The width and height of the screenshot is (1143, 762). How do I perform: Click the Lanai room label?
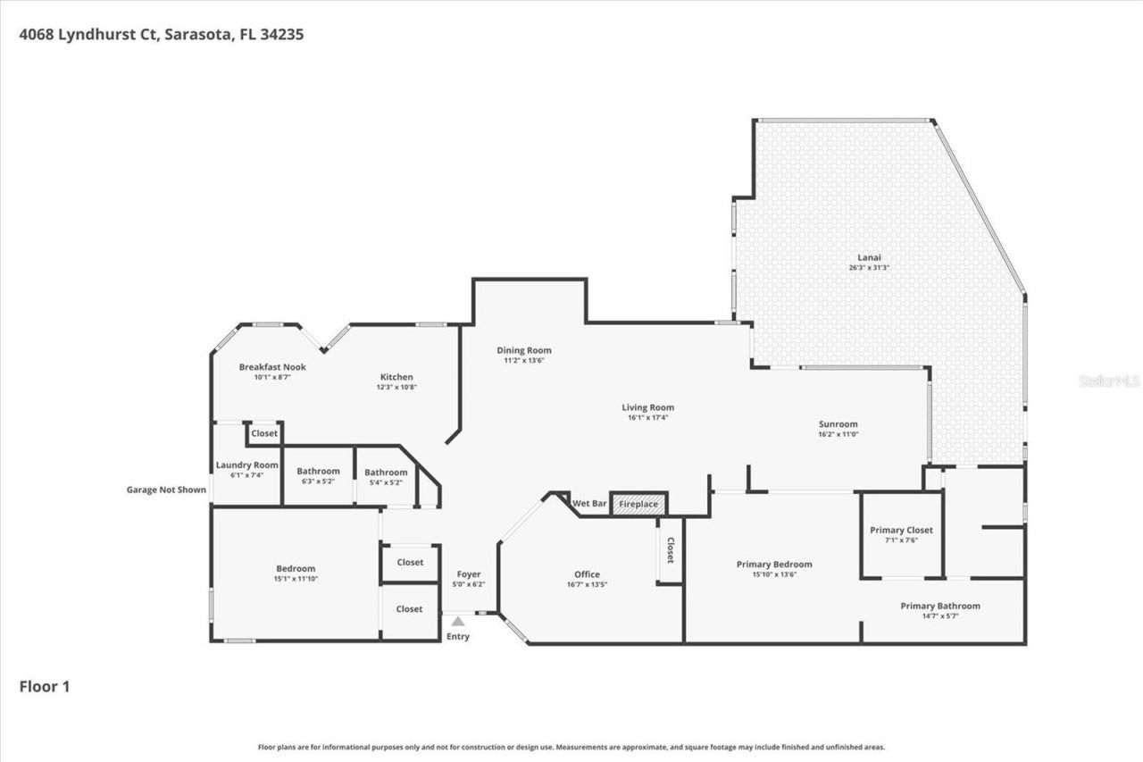click(x=869, y=256)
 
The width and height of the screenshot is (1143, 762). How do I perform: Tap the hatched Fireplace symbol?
click(x=638, y=505)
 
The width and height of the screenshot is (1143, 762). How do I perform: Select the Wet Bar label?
click(x=589, y=504)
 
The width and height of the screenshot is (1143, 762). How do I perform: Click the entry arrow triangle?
click(x=457, y=621)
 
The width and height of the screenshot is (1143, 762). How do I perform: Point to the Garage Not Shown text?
click(x=166, y=490)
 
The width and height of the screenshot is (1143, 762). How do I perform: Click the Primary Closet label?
click(x=901, y=530)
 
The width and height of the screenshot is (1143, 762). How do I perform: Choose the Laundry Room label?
click(x=246, y=465)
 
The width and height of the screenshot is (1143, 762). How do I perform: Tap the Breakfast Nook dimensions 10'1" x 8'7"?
click(x=272, y=378)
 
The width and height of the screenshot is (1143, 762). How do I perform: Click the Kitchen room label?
click(x=397, y=377)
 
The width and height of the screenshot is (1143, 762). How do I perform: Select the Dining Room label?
click(x=524, y=350)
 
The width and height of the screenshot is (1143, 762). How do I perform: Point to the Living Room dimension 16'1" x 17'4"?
click(x=647, y=417)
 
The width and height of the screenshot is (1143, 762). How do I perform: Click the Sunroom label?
click(x=838, y=424)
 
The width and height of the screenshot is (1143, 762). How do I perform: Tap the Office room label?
click(x=587, y=574)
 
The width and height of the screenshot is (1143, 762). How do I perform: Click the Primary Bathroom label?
click(x=939, y=606)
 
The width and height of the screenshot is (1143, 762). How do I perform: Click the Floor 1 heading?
click(x=45, y=687)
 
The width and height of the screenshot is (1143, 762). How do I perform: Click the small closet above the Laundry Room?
click(x=264, y=433)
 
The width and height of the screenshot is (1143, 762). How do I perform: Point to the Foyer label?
click(x=468, y=574)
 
